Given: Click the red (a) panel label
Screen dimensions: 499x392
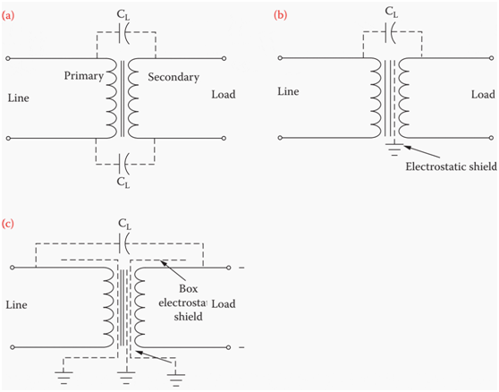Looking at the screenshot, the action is point(8,15).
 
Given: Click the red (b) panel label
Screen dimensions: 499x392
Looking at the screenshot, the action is point(281,15).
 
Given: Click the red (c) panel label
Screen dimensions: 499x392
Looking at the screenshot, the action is point(8,224).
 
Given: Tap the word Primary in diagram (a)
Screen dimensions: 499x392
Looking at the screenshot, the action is point(84,76).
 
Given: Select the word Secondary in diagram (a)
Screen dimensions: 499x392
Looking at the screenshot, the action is point(173,77).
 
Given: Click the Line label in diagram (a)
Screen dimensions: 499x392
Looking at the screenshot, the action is point(19,98).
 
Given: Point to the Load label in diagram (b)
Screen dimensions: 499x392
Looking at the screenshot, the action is point(483,95).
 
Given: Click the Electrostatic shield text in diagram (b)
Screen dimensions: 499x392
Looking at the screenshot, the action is point(451,166).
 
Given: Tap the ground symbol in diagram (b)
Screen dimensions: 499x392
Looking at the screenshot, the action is point(394,149).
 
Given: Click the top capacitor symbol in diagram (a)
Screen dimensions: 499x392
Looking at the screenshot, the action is point(124,32).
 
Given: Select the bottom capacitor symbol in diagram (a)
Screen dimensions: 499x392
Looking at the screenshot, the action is point(123,164).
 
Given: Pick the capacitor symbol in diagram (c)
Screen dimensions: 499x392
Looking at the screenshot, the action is point(124,243).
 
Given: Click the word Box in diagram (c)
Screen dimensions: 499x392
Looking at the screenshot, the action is point(189,289).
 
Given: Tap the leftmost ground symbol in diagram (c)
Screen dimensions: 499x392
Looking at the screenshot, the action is point(64,376).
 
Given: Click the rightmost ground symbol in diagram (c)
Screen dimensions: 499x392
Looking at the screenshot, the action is point(176,378).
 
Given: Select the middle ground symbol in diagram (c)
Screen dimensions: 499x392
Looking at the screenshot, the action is point(126,376).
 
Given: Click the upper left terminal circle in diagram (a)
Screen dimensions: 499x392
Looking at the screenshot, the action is point(8,58).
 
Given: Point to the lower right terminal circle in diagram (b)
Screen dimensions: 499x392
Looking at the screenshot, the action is point(492,138).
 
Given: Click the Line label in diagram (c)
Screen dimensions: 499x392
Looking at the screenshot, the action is point(17,305).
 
